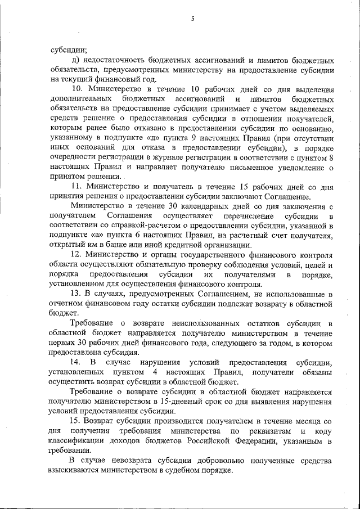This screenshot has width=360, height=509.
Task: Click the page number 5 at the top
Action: pos(192,19)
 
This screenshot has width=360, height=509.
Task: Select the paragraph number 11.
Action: pos(77,186)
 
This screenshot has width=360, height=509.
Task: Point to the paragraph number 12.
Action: pos(77,254)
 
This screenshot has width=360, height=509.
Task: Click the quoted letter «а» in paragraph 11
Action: pos(91,235)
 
